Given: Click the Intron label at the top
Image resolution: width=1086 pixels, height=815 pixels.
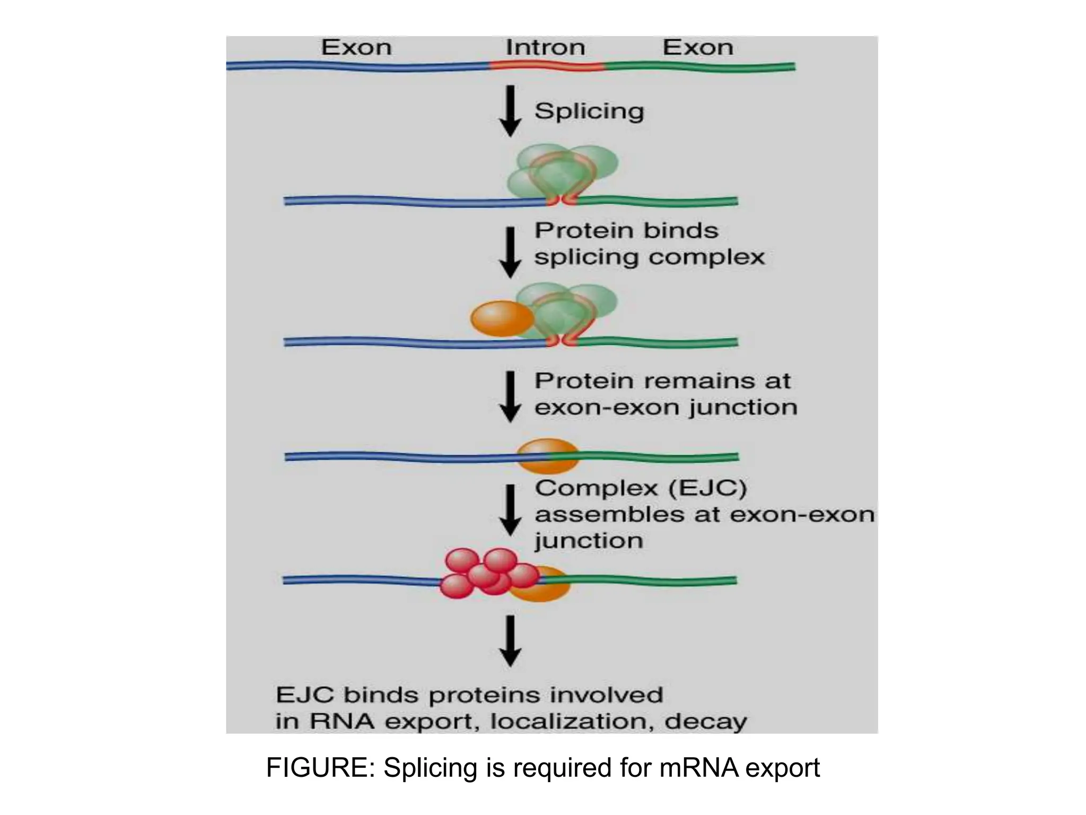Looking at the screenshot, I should coord(545,48).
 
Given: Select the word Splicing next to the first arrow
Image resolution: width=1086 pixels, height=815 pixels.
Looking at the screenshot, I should coord(589,111).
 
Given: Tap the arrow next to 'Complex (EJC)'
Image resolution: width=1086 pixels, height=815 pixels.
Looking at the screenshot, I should coord(510,509).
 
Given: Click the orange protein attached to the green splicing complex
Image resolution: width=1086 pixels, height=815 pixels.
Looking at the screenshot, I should coord(501,318).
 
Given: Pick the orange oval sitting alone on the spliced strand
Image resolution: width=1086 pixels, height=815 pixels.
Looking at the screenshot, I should coord(547,456).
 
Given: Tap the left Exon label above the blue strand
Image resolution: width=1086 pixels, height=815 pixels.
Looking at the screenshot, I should coord(356,48).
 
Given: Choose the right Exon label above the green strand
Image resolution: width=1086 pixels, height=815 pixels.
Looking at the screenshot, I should coord(698,48).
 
